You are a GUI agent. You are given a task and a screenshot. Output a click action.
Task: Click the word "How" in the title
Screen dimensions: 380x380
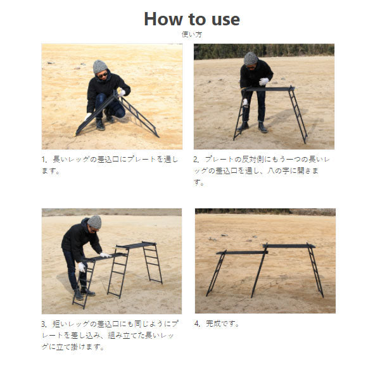coord(163,19)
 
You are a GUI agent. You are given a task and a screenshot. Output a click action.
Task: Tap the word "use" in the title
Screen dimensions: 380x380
coord(225,20)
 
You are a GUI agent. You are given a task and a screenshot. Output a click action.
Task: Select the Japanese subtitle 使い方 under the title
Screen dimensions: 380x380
coord(192,34)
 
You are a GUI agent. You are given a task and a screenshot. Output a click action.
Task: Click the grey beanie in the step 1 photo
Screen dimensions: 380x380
coord(100,66)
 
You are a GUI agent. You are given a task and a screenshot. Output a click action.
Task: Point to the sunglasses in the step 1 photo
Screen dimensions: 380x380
coord(103,75)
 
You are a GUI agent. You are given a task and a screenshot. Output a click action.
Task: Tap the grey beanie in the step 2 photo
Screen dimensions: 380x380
coord(250,58)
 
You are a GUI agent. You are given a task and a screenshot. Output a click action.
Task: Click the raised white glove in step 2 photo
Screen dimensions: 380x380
coord(263,81)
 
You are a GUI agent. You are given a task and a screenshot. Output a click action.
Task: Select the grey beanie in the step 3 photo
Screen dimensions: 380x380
coord(95,222)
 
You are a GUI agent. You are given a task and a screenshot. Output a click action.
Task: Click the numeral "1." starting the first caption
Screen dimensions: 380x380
coord(44,160)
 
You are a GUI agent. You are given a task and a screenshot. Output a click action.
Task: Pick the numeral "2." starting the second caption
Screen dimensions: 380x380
coord(196,160)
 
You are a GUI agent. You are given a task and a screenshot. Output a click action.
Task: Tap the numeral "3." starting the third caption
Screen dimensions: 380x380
coord(44,324)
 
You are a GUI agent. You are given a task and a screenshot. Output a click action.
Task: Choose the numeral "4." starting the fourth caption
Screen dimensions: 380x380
coord(197,324)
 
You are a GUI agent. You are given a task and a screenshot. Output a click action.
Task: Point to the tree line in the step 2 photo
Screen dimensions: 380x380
coord(264,51)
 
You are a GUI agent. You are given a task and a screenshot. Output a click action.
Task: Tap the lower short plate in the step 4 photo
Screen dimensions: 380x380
coord(242,253)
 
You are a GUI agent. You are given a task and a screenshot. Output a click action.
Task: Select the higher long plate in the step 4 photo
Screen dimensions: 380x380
coord(289,246)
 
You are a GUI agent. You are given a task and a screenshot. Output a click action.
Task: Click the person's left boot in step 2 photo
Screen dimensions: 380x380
coord(262,127)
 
